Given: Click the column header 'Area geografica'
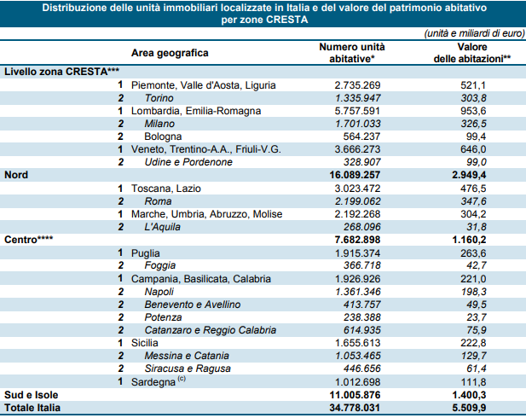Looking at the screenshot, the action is [170, 53].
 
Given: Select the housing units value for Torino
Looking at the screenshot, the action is [357, 98].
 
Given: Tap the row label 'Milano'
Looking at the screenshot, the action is [159, 124].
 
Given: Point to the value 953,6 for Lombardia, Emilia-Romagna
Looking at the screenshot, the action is [473, 111].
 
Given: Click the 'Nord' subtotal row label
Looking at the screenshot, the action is [16, 175].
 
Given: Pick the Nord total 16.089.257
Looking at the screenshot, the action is [355, 175].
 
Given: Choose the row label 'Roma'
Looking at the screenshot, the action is [158, 201].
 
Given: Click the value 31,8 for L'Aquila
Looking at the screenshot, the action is [477, 227].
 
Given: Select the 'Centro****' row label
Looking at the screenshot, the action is [28, 240].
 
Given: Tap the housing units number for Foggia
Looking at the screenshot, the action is [362, 265].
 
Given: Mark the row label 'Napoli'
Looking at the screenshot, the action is [159, 292].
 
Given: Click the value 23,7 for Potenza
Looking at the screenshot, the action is [477, 317].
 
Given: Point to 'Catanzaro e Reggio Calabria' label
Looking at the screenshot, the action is [211, 330].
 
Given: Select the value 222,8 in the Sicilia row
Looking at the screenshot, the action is [473, 343].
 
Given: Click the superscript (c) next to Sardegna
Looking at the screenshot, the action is [182, 379].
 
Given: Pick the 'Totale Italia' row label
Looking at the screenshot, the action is [32, 408].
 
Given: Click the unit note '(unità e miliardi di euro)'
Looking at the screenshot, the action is [474, 33].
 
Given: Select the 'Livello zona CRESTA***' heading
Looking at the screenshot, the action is [61, 72].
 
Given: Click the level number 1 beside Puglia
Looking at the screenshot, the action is [120, 253].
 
